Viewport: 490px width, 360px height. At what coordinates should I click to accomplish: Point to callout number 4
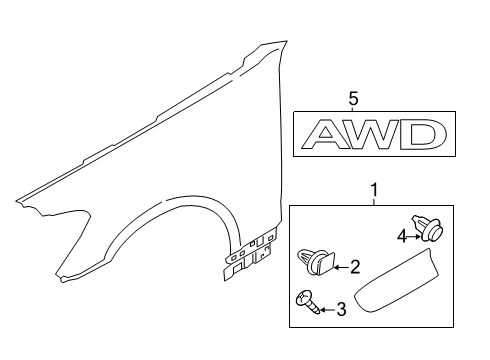[400, 237]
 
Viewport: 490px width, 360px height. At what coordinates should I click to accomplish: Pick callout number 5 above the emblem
[353, 98]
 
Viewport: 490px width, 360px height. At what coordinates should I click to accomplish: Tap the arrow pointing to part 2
[336, 267]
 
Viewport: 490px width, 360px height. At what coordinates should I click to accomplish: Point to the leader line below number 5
[353, 110]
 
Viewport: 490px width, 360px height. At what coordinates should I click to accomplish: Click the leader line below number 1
[376, 198]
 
